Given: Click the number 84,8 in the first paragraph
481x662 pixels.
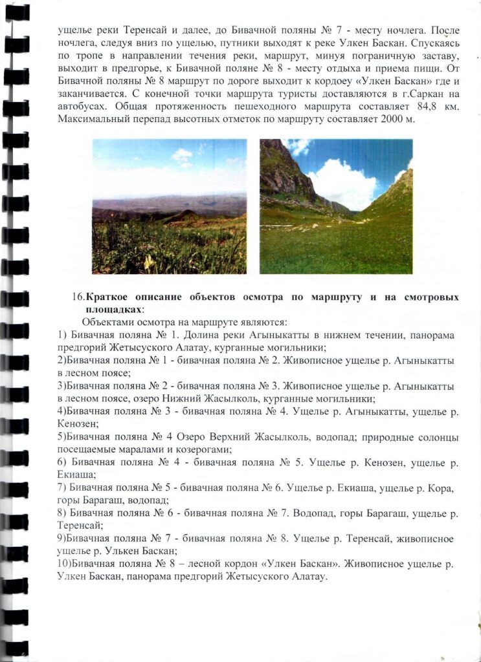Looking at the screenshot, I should pos(402,106).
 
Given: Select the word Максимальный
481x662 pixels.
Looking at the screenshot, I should pos(89,119).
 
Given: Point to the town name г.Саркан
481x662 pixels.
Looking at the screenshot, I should pos(410,93).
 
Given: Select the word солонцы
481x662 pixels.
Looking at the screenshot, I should pos(439,437).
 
